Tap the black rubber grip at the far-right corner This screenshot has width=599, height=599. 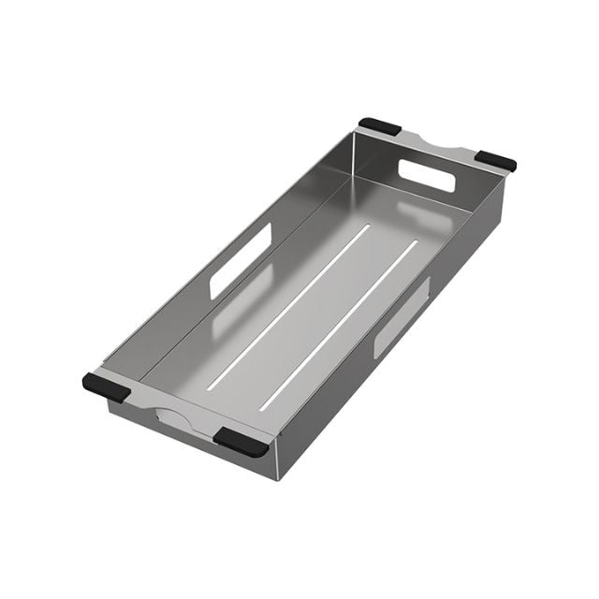point(495,160)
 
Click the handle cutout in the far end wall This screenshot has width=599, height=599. point(427,175)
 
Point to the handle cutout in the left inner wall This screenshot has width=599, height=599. point(240,261)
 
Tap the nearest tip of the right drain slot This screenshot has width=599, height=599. point(263,406)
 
